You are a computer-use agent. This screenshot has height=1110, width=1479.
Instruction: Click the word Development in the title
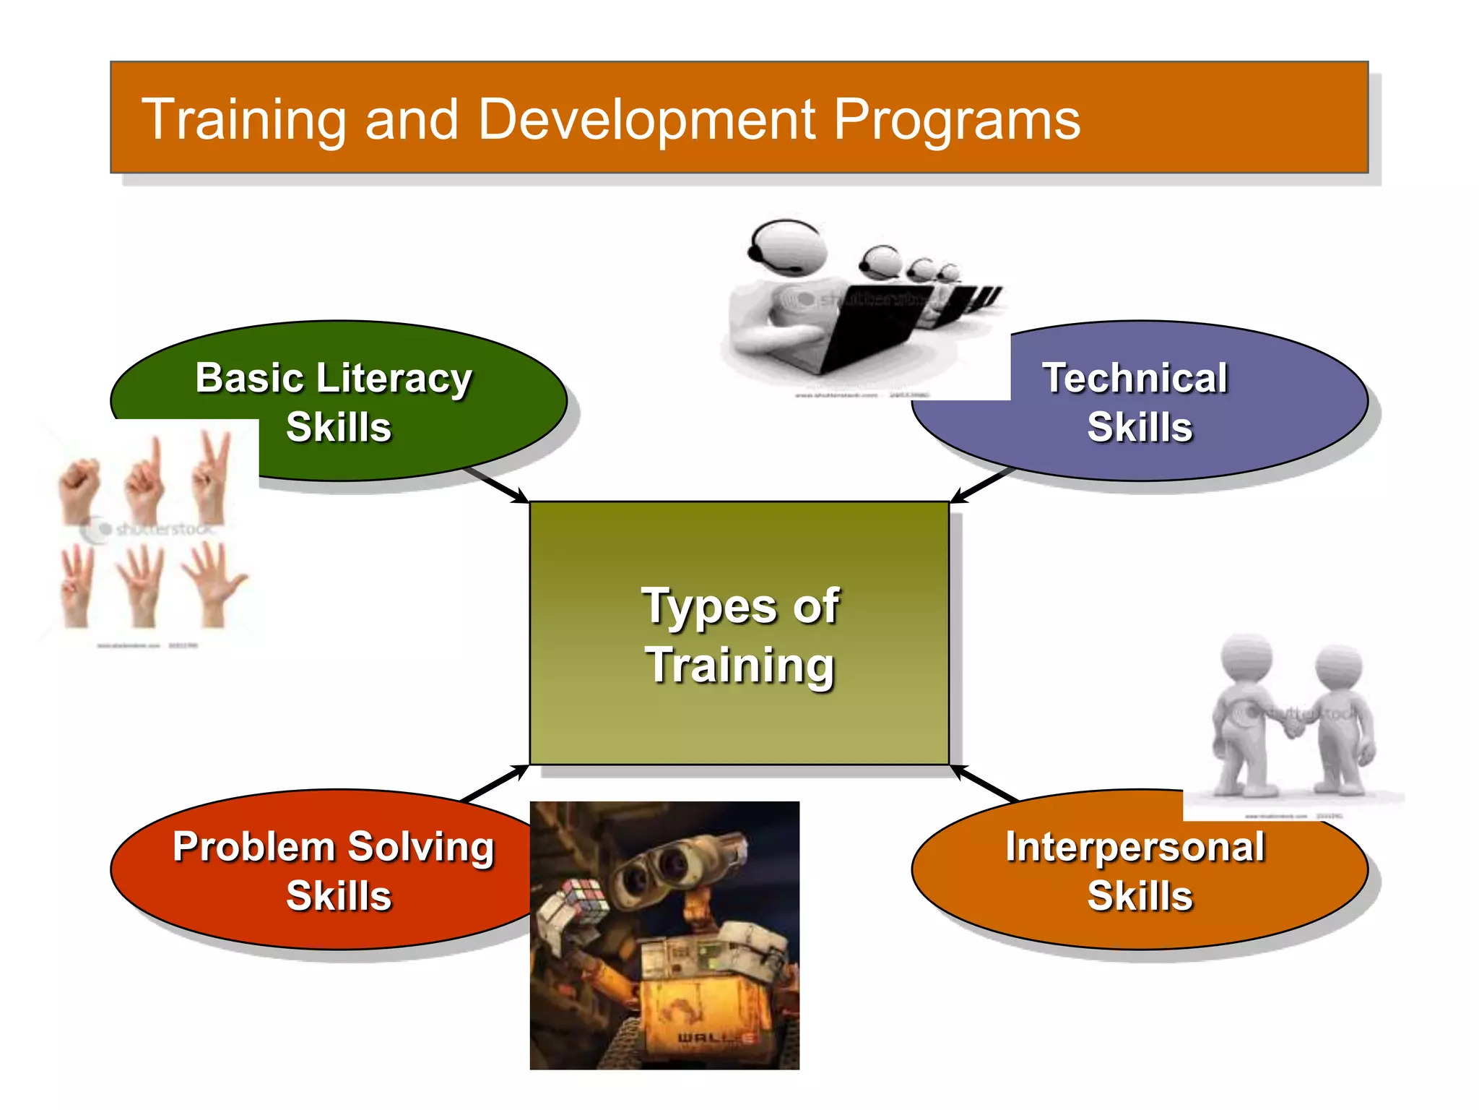pyautogui.click(x=646, y=119)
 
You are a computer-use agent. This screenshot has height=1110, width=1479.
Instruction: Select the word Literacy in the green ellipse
pyautogui.click(x=394, y=379)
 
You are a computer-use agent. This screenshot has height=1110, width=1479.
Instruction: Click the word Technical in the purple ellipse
pyautogui.click(x=1134, y=378)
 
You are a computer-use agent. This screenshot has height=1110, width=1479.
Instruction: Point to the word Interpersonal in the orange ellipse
pyautogui.click(x=1135, y=847)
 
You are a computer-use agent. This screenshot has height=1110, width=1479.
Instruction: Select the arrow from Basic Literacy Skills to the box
pyautogui.click(x=498, y=485)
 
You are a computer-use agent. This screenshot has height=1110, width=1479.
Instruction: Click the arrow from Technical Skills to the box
pyautogui.click(x=982, y=485)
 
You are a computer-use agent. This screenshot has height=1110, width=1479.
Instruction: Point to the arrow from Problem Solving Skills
pyautogui.click(x=495, y=783)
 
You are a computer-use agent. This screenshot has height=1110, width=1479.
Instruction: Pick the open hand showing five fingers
pyautogui.click(x=214, y=582)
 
